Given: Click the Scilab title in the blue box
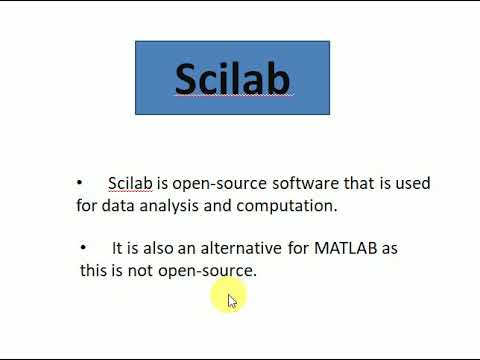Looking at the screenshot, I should point(232,78).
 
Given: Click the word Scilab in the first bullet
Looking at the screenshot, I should point(130,184).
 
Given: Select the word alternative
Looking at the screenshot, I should point(245,247).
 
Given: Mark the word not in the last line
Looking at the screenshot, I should point(139,270).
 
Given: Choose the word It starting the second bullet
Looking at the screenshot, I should point(117,247).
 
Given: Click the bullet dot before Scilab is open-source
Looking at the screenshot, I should point(80,183).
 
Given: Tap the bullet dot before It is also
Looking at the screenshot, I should point(83,246).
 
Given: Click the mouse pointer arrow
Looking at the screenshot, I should point(231,300).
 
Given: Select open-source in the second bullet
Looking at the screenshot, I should point(207,271).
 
